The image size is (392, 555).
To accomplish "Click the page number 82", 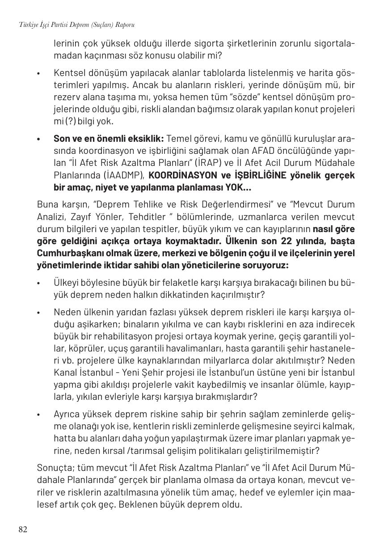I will click(23, 530).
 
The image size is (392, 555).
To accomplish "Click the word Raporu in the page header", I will click(125, 25).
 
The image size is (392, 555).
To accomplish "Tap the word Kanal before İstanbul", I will click(66, 373).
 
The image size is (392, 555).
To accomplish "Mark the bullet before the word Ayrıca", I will click(39, 415).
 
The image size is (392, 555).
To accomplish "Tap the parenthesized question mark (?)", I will click(70, 121).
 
